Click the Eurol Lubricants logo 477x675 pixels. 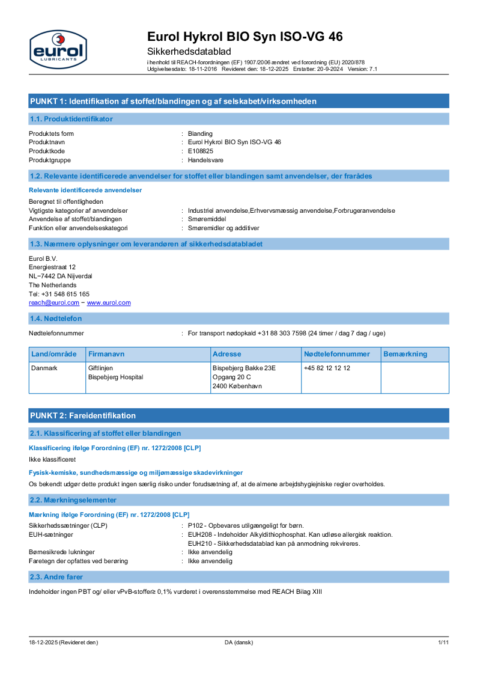click(58, 49)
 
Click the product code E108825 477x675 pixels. click(200, 151)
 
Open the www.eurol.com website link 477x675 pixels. click(109, 303)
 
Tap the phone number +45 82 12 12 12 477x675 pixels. click(327, 368)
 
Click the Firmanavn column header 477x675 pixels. click(106, 354)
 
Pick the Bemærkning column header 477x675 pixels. click(405, 354)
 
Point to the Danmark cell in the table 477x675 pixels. click(44, 368)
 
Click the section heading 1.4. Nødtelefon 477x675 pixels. click(56, 319)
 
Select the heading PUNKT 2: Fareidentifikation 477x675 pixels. click(83, 415)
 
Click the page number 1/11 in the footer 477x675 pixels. click(443, 643)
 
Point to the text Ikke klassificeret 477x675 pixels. click(52, 459)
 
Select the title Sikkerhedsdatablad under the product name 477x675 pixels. click(189, 51)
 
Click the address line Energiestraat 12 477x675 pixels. click(52, 267)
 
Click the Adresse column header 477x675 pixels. click(226, 354)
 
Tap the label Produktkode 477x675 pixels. click(47, 151)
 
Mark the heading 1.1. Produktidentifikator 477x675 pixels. click(71, 119)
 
